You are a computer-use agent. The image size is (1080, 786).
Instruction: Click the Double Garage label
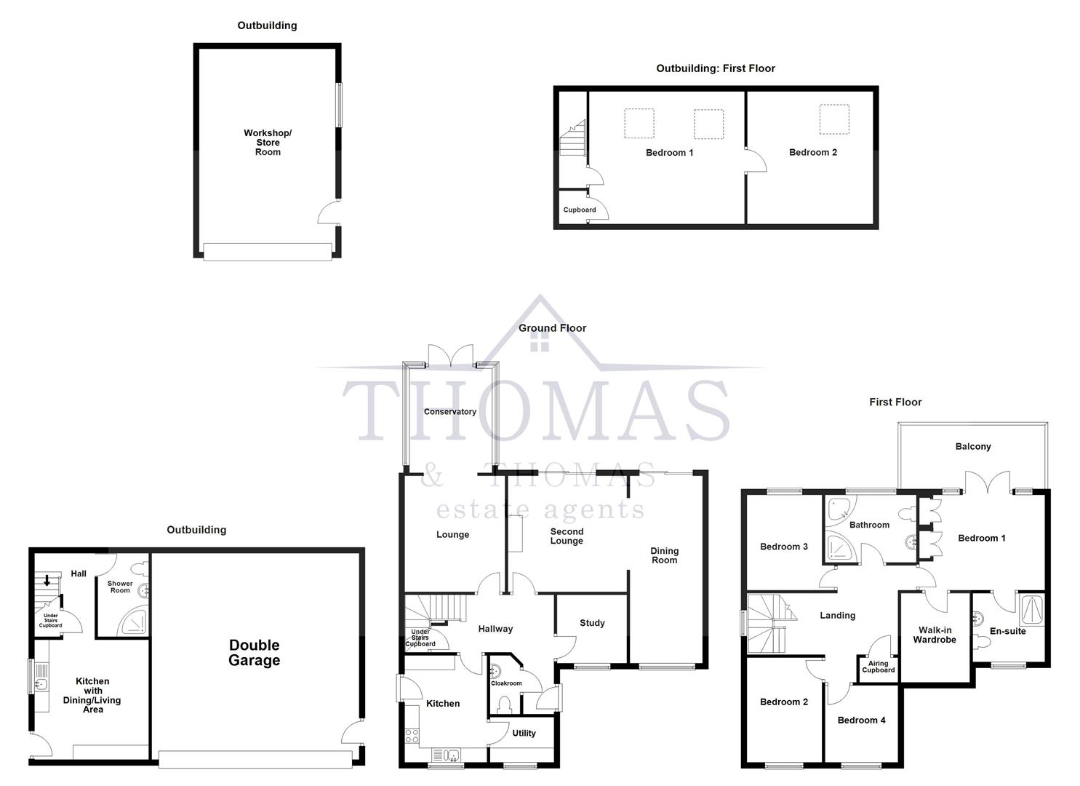coord(254,653)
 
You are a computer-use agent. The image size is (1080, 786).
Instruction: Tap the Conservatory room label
coord(450,412)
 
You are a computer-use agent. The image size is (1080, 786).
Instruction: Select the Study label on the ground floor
coord(592,623)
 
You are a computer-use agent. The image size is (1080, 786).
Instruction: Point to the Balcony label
coord(973,447)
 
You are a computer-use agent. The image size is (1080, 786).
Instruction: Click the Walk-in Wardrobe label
coord(935,635)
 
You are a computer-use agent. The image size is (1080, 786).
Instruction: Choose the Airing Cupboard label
coord(878,667)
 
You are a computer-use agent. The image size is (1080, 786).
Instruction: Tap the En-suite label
coord(1008,631)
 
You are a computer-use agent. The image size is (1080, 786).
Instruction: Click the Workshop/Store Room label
coord(268,143)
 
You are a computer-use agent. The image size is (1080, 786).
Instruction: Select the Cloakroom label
coord(506,683)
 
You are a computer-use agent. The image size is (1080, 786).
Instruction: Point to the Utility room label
coord(524,734)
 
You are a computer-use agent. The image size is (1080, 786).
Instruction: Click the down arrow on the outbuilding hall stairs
coord(47,581)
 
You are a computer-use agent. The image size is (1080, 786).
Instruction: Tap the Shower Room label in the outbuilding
coord(120,587)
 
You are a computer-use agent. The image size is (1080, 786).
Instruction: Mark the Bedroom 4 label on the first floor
coord(861,720)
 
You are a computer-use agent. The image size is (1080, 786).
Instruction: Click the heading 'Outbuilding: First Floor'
coord(716,68)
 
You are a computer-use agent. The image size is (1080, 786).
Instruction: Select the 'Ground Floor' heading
coord(552,328)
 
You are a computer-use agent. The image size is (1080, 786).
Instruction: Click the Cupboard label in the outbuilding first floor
coord(580,210)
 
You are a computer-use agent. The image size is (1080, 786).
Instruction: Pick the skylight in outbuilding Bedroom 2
coord(834,119)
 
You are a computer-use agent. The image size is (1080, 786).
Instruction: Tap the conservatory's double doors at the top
coord(451,355)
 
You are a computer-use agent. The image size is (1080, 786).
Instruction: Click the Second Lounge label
coord(567,536)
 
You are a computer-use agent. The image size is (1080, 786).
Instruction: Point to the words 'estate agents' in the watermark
coord(540,509)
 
